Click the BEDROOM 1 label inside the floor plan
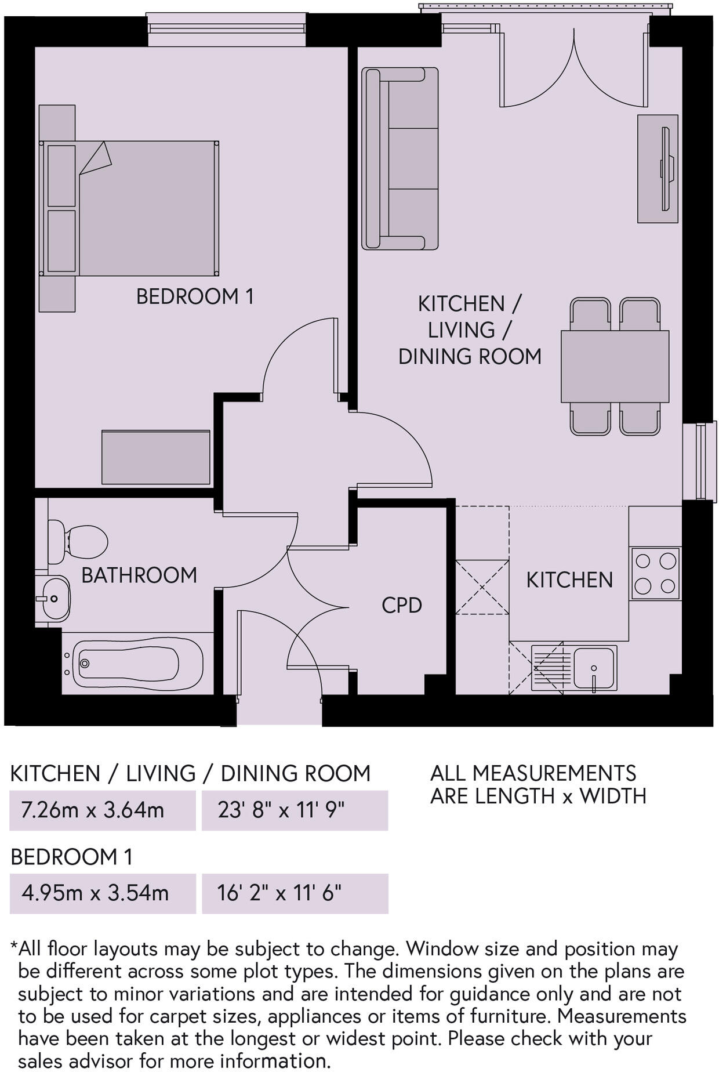click(195, 296)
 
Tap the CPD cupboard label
click(401, 605)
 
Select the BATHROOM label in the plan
click(139, 575)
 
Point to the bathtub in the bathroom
click(132, 663)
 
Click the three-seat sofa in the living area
click(400, 158)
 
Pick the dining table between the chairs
click(615, 366)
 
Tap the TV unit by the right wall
click(658, 169)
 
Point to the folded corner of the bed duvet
click(96, 158)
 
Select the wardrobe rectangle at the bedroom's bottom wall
click(156, 457)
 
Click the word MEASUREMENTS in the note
click(554, 773)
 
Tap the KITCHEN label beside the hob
click(569, 580)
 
